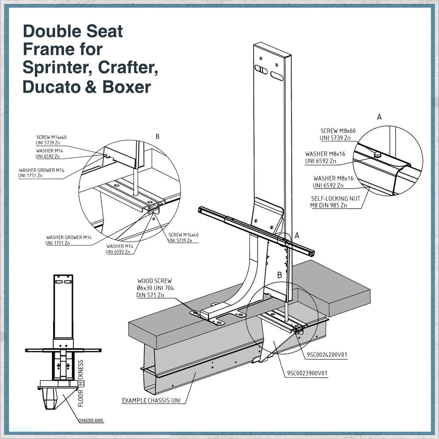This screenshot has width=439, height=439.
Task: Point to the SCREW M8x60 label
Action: (338, 131)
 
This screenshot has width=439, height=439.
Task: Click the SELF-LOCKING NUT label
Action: (335, 199)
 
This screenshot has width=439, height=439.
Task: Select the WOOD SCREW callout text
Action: (154, 281)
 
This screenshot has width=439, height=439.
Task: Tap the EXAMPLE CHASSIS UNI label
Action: (151, 400)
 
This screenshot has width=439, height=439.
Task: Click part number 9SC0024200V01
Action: (327, 355)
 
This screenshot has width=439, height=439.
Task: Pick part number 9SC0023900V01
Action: (307, 373)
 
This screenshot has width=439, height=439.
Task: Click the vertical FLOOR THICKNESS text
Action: (81, 383)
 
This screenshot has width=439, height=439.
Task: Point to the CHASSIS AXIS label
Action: (91, 420)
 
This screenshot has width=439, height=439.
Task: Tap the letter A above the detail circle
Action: (379, 117)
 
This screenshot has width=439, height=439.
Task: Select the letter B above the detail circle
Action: (157, 137)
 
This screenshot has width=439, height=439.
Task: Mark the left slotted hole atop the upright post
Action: (261, 70)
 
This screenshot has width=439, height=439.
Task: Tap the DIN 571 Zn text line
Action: (150, 295)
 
